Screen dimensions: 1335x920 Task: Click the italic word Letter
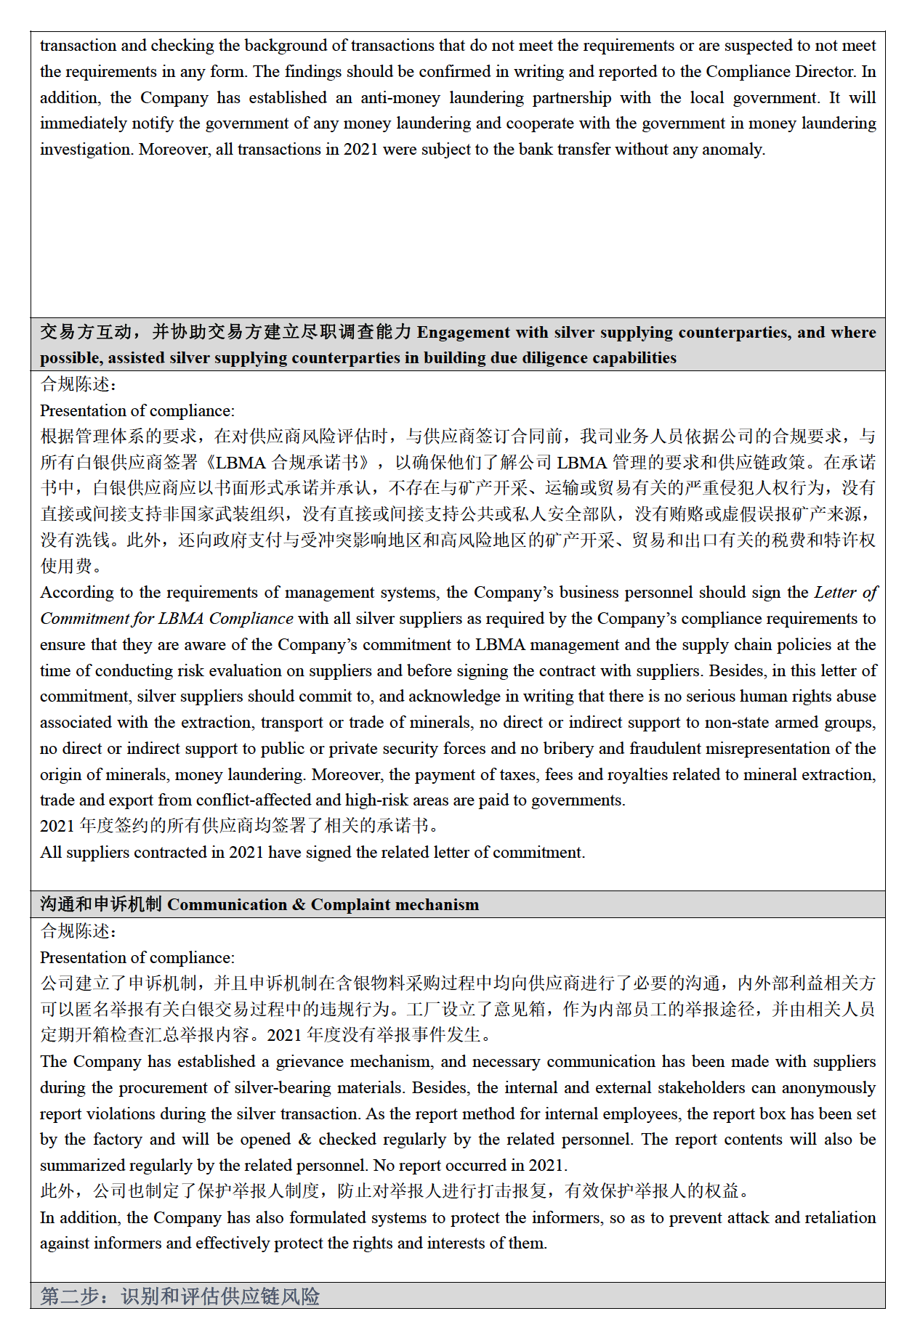(835, 593)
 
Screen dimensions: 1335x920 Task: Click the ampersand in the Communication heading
(299, 905)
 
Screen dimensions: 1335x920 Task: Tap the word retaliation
(836, 1218)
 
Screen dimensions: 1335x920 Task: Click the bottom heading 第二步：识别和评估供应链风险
(180, 1297)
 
